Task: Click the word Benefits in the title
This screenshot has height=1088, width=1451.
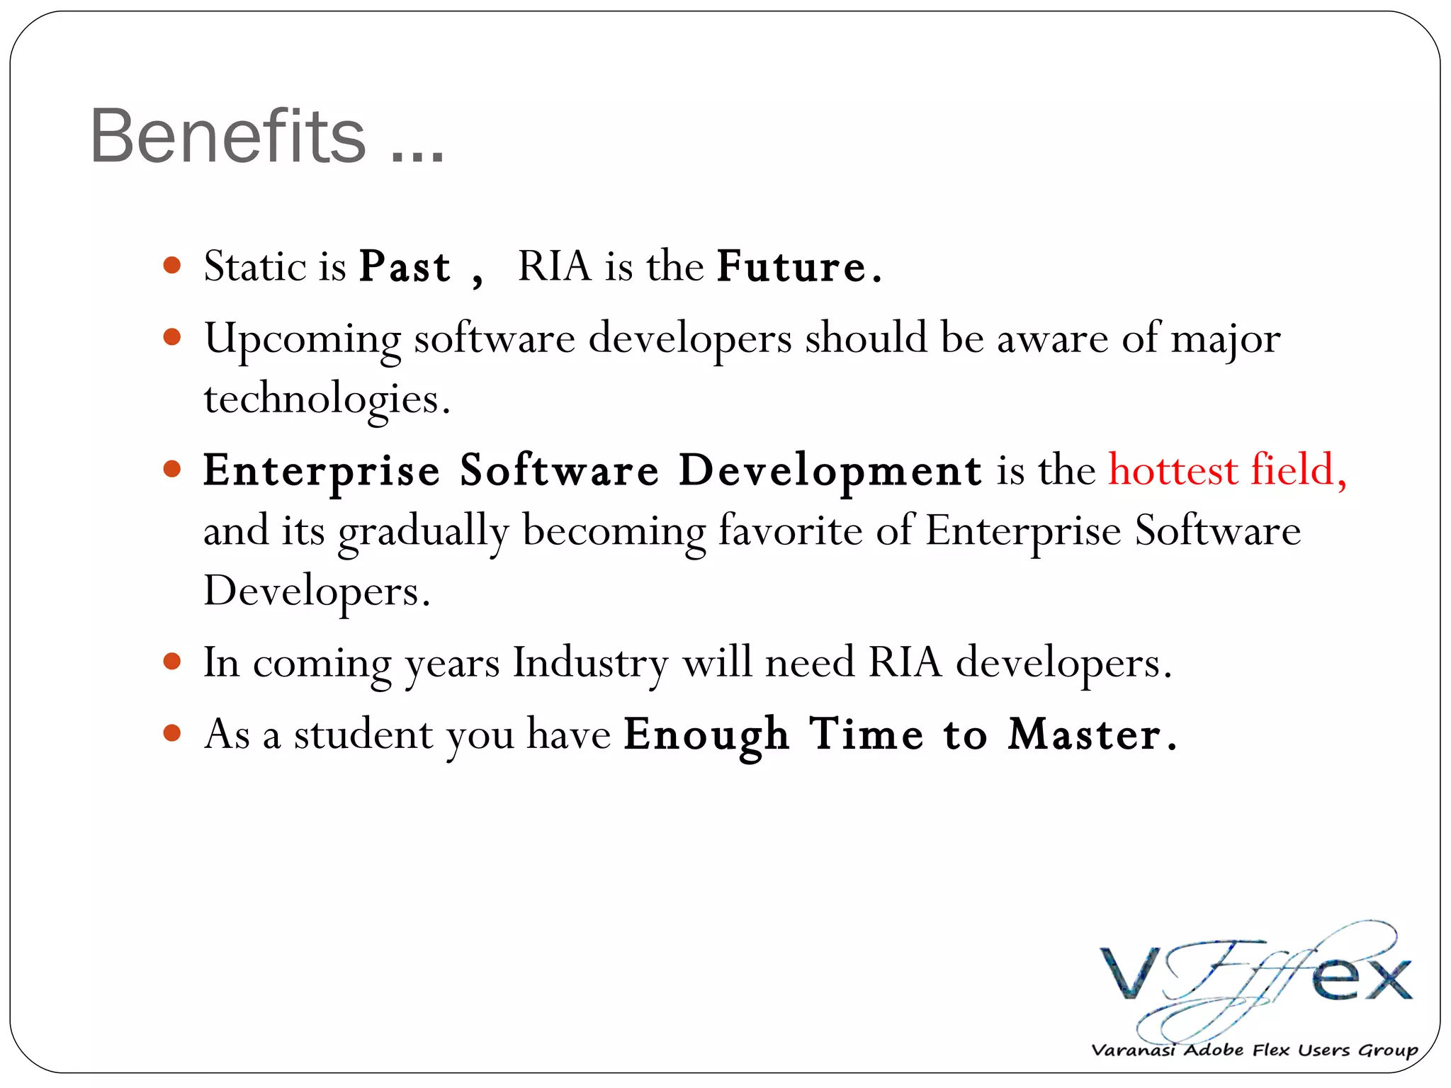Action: click(227, 136)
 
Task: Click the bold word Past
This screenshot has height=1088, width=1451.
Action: click(405, 267)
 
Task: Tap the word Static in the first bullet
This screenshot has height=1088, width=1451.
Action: click(254, 267)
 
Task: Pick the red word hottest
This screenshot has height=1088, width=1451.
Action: click(1173, 470)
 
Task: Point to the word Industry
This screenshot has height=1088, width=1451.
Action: click(590, 664)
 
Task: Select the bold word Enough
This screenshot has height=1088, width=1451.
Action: click(706, 735)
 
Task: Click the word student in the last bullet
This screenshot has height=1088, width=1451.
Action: click(363, 735)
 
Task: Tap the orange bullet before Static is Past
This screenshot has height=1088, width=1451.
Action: click(171, 266)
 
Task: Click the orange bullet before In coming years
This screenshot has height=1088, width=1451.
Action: click(171, 662)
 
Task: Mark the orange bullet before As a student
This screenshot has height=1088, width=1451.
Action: click(171, 732)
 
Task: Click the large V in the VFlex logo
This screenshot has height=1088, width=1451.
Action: click(1131, 973)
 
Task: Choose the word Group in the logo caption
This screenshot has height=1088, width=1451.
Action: click(1387, 1050)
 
